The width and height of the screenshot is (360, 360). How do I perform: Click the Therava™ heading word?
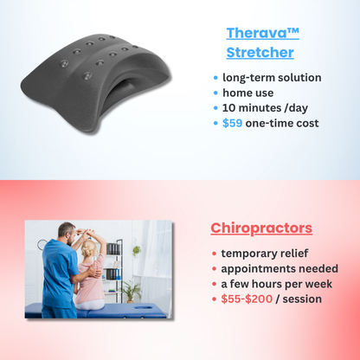[x=263, y=34]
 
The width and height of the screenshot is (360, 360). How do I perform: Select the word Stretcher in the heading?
[x=260, y=53]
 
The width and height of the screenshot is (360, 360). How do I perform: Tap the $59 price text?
[x=230, y=124]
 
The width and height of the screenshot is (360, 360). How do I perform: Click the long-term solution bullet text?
[x=272, y=77]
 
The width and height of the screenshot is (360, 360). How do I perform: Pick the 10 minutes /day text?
[x=265, y=108]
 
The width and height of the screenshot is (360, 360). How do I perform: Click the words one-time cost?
[x=282, y=124]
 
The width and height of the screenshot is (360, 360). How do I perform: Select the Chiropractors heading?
[x=261, y=229]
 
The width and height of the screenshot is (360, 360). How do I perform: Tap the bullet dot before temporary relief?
[x=214, y=254]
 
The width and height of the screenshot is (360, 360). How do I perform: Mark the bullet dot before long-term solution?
[x=215, y=78]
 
